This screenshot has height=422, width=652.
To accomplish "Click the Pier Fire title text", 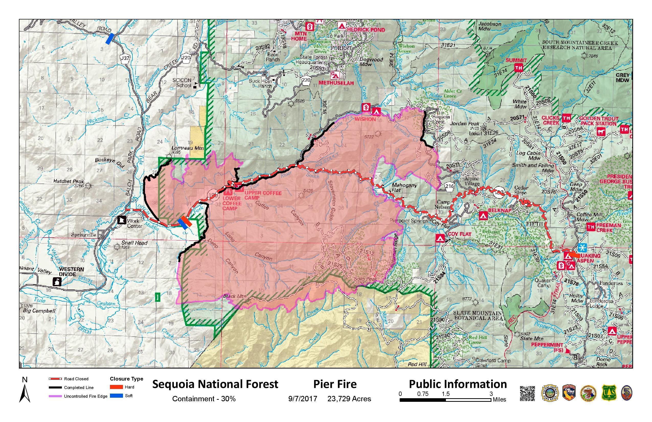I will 335,384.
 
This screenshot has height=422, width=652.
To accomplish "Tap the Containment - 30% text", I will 204,399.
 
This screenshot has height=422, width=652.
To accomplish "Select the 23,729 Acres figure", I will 349,399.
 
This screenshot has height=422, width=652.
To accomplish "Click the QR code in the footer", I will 527,394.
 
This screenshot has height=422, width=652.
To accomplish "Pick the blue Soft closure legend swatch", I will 116,396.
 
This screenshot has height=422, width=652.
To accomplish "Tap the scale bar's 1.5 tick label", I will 445,394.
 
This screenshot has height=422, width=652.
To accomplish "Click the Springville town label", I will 84,235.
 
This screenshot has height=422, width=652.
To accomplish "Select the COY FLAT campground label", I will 459,234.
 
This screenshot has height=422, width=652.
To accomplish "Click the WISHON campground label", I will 365,119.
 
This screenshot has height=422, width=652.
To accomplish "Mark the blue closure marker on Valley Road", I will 110,39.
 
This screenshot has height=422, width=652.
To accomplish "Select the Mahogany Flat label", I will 404,187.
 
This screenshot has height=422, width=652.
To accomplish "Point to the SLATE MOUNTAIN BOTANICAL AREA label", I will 478,315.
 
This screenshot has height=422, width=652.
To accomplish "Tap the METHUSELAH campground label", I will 336,83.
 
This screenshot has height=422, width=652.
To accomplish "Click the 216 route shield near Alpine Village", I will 449,186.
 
